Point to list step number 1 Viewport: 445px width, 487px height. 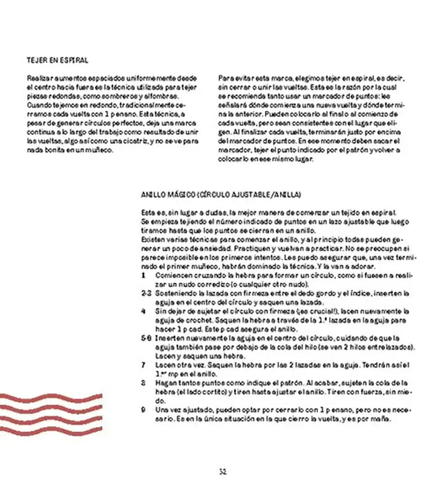point(142,275)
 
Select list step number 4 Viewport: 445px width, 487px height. point(142,311)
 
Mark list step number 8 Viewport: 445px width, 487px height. point(142,381)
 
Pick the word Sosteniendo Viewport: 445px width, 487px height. point(176,292)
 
